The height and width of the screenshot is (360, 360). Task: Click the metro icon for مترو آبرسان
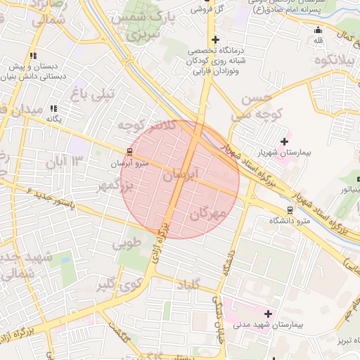130,151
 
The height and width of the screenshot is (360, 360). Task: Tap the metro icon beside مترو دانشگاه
290,210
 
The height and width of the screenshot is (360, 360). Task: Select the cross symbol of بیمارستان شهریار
283,141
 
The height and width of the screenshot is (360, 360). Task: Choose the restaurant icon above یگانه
53,108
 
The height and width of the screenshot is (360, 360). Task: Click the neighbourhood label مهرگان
208,212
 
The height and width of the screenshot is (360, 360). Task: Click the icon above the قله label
319,30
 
